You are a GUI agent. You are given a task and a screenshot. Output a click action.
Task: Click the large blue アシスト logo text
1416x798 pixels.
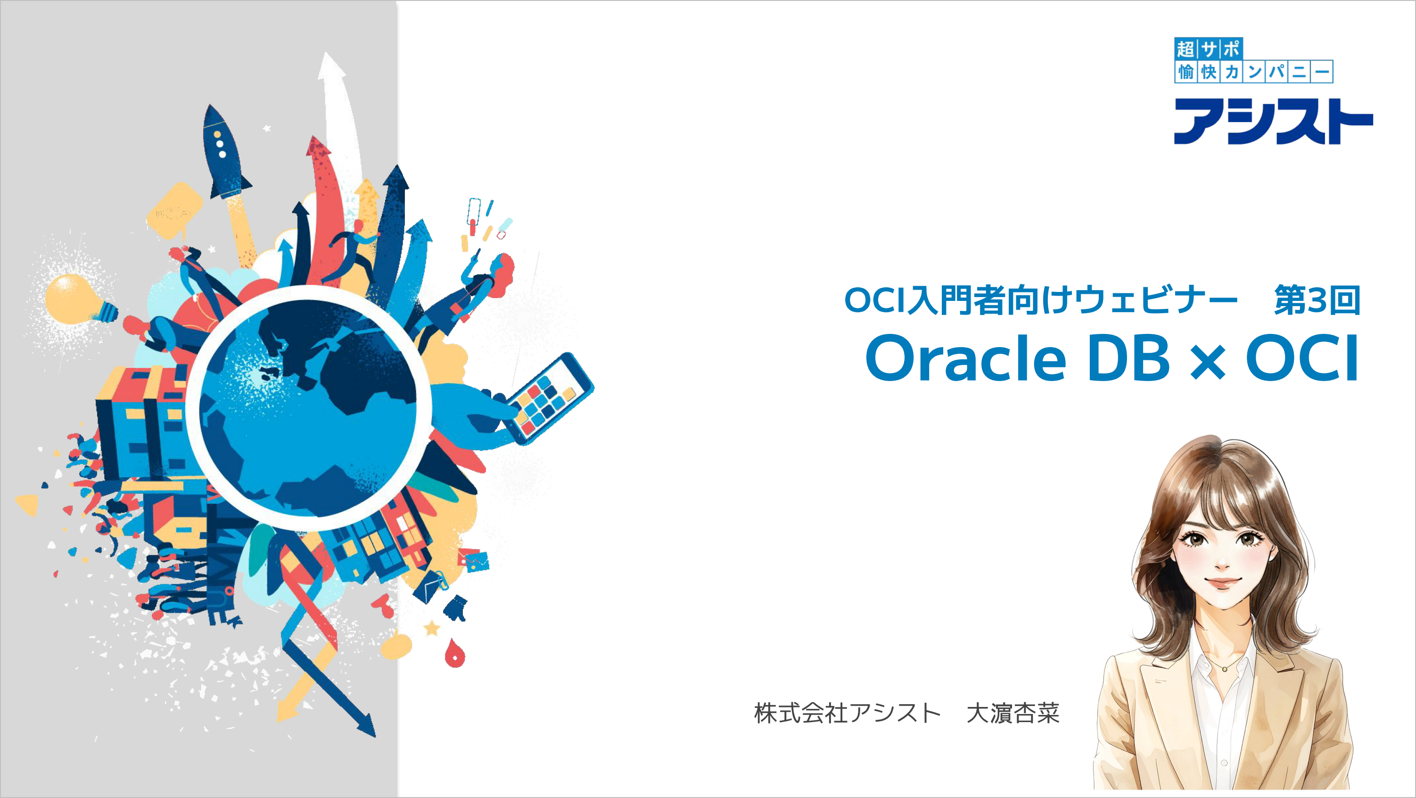(1273, 121)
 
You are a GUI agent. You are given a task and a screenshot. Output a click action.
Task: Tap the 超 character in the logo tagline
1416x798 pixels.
(1185, 49)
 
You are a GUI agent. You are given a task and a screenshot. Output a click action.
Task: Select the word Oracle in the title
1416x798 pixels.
(966, 358)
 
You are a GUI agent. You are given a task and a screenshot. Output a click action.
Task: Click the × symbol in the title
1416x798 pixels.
(1208, 363)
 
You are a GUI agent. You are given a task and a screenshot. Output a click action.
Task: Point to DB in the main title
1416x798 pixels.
(1128, 358)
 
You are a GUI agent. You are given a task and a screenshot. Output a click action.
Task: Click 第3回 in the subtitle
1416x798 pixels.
(1317, 300)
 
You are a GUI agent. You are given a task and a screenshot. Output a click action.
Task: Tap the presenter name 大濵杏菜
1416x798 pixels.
(1013, 713)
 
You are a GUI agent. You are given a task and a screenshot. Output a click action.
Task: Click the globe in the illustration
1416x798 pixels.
(308, 407)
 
